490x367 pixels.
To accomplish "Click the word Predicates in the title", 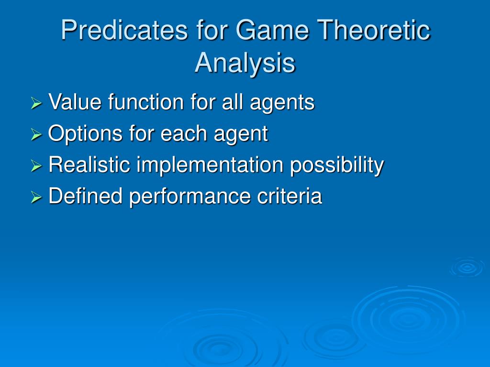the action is (124, 30).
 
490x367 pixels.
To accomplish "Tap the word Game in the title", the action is (272, 30).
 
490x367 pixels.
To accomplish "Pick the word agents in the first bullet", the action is (282, 104).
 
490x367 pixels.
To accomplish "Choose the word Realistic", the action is (89, 164).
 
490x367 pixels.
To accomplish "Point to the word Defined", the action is (85, 195).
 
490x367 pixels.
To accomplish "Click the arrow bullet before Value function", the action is (36, 103).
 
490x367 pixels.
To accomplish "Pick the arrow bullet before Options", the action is (36, 134).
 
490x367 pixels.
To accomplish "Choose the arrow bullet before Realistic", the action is (36, 166).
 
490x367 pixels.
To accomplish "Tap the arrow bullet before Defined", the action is (36, 197).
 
